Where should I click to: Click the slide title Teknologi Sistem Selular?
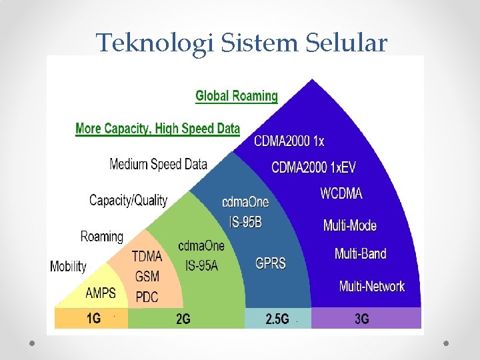(241, 43)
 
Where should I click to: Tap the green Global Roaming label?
(237, 96)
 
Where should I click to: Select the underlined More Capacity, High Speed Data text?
(157, 129)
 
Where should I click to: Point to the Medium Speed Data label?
(158, 164)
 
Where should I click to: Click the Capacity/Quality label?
(128, 200)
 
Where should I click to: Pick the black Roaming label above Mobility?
(101, 237)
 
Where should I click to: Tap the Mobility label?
(68, 267)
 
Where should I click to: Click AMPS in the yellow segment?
(101, 293)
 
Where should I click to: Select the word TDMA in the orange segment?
(147, 257)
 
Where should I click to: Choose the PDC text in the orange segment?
(147, 297)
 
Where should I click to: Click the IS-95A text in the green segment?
(201, 266)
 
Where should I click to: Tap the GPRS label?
(271, 263)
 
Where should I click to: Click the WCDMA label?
(341, 194)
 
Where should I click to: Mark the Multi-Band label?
(360, 254)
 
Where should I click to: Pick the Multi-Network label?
(371, 287)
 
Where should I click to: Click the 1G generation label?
(93, 319)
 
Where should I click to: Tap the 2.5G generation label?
(277, 319)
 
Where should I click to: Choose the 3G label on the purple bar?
(362, 319)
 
